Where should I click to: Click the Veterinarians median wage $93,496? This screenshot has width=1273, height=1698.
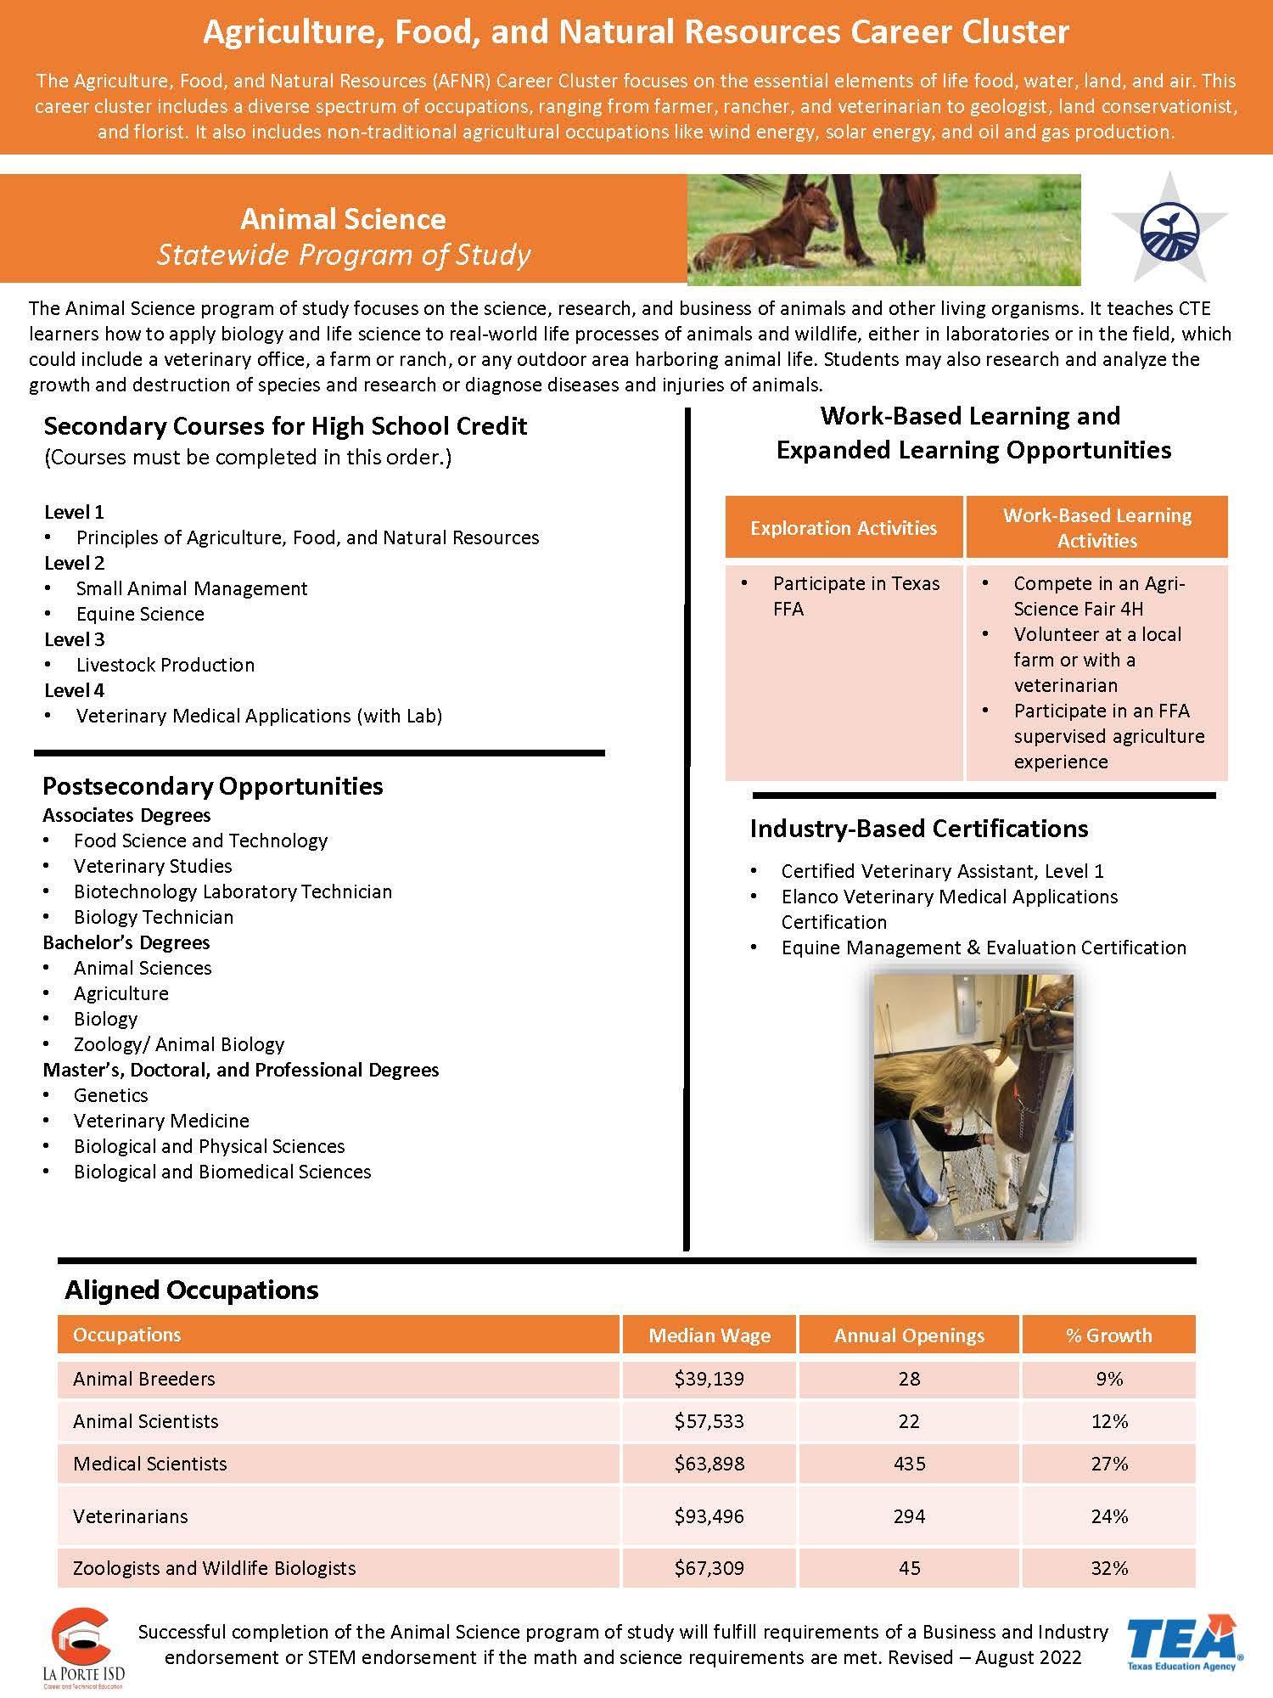point(709,1515)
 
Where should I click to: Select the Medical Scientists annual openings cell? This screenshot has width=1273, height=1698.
point(909,1463)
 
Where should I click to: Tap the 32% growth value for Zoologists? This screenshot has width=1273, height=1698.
point(1108,1567)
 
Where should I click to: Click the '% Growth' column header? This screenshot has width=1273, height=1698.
point(1108,1335)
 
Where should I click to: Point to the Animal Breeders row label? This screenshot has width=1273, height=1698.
point(144,1378)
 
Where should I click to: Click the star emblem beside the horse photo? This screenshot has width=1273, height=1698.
point(1169,228)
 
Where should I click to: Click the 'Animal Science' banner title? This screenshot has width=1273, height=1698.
point(343,219)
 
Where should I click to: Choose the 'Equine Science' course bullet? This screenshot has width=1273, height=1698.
point(140,614)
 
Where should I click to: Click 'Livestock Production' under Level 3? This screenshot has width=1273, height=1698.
point(165,665)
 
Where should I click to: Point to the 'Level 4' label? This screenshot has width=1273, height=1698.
point(75,690)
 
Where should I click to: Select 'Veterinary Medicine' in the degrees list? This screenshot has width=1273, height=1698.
point(161,1121)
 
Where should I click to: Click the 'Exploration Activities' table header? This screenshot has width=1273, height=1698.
point(844,528)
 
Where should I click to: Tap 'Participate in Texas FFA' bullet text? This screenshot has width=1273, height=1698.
point(855,596)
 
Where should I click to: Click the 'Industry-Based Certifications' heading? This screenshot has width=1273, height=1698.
point(919,829)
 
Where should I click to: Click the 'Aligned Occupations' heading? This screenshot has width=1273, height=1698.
point(192,1290)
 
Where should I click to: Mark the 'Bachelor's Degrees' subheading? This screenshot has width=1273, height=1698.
point(126,942)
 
